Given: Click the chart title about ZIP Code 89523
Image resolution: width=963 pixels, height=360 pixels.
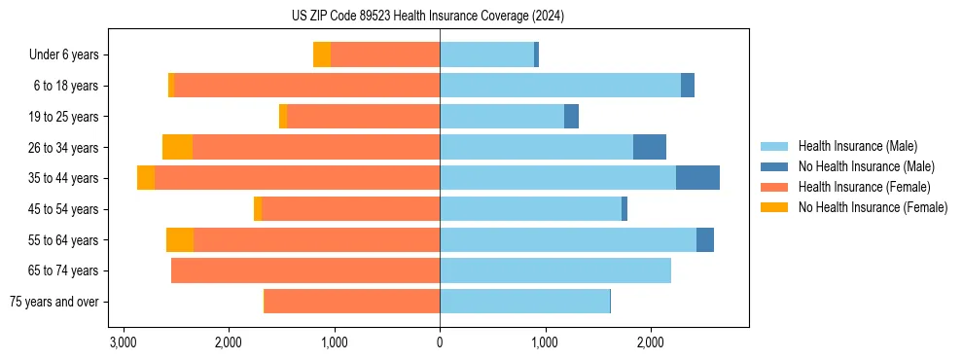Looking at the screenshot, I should (427, 17).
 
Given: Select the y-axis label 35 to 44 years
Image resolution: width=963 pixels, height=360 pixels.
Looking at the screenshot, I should (63, 178).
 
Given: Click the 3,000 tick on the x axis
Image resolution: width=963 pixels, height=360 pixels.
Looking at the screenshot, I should (123, 342).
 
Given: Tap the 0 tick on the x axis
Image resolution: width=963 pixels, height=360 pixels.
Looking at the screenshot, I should (440, 342).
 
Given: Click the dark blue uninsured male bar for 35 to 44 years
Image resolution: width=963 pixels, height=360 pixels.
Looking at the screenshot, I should (697, 178).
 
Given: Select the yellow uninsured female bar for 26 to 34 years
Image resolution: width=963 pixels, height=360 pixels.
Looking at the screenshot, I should (177, 147).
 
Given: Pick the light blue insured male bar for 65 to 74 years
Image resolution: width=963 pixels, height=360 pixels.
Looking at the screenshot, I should (555, 270).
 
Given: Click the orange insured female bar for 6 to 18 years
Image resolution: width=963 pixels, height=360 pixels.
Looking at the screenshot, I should (306, 86).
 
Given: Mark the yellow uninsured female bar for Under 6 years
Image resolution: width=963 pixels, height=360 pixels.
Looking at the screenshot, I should (322, 54).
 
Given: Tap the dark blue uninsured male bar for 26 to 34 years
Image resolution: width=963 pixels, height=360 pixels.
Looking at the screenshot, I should (650, 147).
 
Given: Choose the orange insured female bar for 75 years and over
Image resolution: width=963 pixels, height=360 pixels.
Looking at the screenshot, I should (352, 302).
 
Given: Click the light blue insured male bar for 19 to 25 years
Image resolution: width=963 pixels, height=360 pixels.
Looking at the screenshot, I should (502, 117).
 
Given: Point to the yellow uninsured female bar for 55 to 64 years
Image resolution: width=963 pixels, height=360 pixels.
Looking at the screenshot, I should (180, 239).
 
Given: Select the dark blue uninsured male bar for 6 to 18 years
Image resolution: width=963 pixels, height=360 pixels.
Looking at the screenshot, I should (688, 86).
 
